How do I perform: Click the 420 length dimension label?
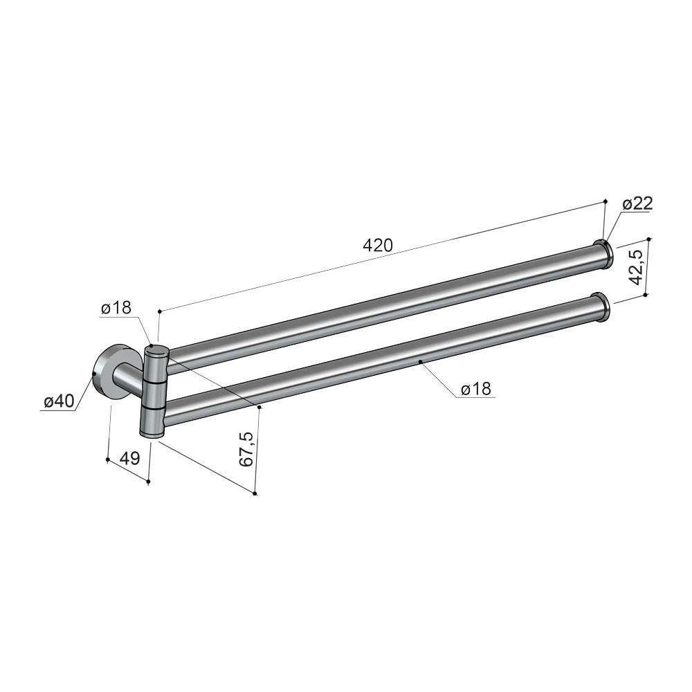[377, 246]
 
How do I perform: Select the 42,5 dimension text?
[635, 267]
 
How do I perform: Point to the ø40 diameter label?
[59, 401]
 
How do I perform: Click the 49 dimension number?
[130, 459]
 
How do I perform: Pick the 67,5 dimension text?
[247, 449]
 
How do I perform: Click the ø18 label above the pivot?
[116, 308]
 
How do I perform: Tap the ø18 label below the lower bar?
[475, 389]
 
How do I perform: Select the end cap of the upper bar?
[603, 255]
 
